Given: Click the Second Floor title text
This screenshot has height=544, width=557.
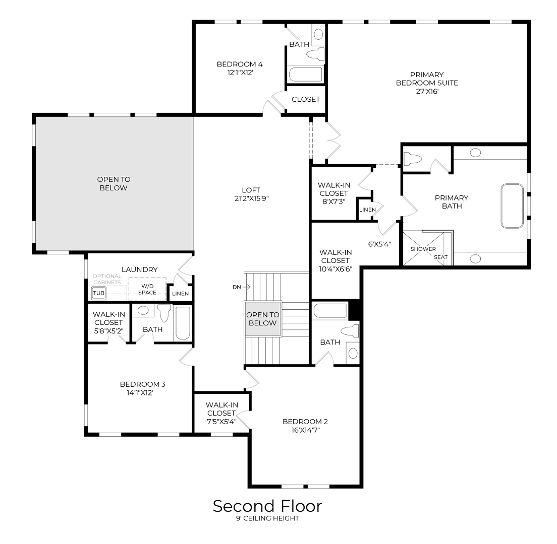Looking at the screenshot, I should (267, 506).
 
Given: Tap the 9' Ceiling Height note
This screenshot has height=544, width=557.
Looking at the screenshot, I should (267, 519).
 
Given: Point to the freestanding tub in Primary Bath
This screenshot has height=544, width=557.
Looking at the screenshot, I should (512, 206).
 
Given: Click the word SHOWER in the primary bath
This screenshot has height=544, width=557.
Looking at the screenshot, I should (423, 249).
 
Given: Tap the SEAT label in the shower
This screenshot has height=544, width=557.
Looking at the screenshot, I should (440, 257).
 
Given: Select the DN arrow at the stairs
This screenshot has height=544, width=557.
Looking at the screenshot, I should (242, 287).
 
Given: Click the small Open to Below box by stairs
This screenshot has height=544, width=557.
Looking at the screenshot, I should (262, 319).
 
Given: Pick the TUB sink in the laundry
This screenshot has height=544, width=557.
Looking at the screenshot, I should (98, 293).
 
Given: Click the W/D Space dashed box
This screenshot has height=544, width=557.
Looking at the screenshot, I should (147, 289).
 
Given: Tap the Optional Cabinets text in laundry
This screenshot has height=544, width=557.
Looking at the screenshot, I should (106, 279).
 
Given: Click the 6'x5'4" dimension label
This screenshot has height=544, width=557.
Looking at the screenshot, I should (379, 244).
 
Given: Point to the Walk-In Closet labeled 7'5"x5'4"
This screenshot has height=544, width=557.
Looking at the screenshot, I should (221, 413).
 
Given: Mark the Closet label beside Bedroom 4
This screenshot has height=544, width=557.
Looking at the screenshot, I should (306, 99).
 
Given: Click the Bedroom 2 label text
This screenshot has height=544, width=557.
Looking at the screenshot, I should (305, 422).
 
